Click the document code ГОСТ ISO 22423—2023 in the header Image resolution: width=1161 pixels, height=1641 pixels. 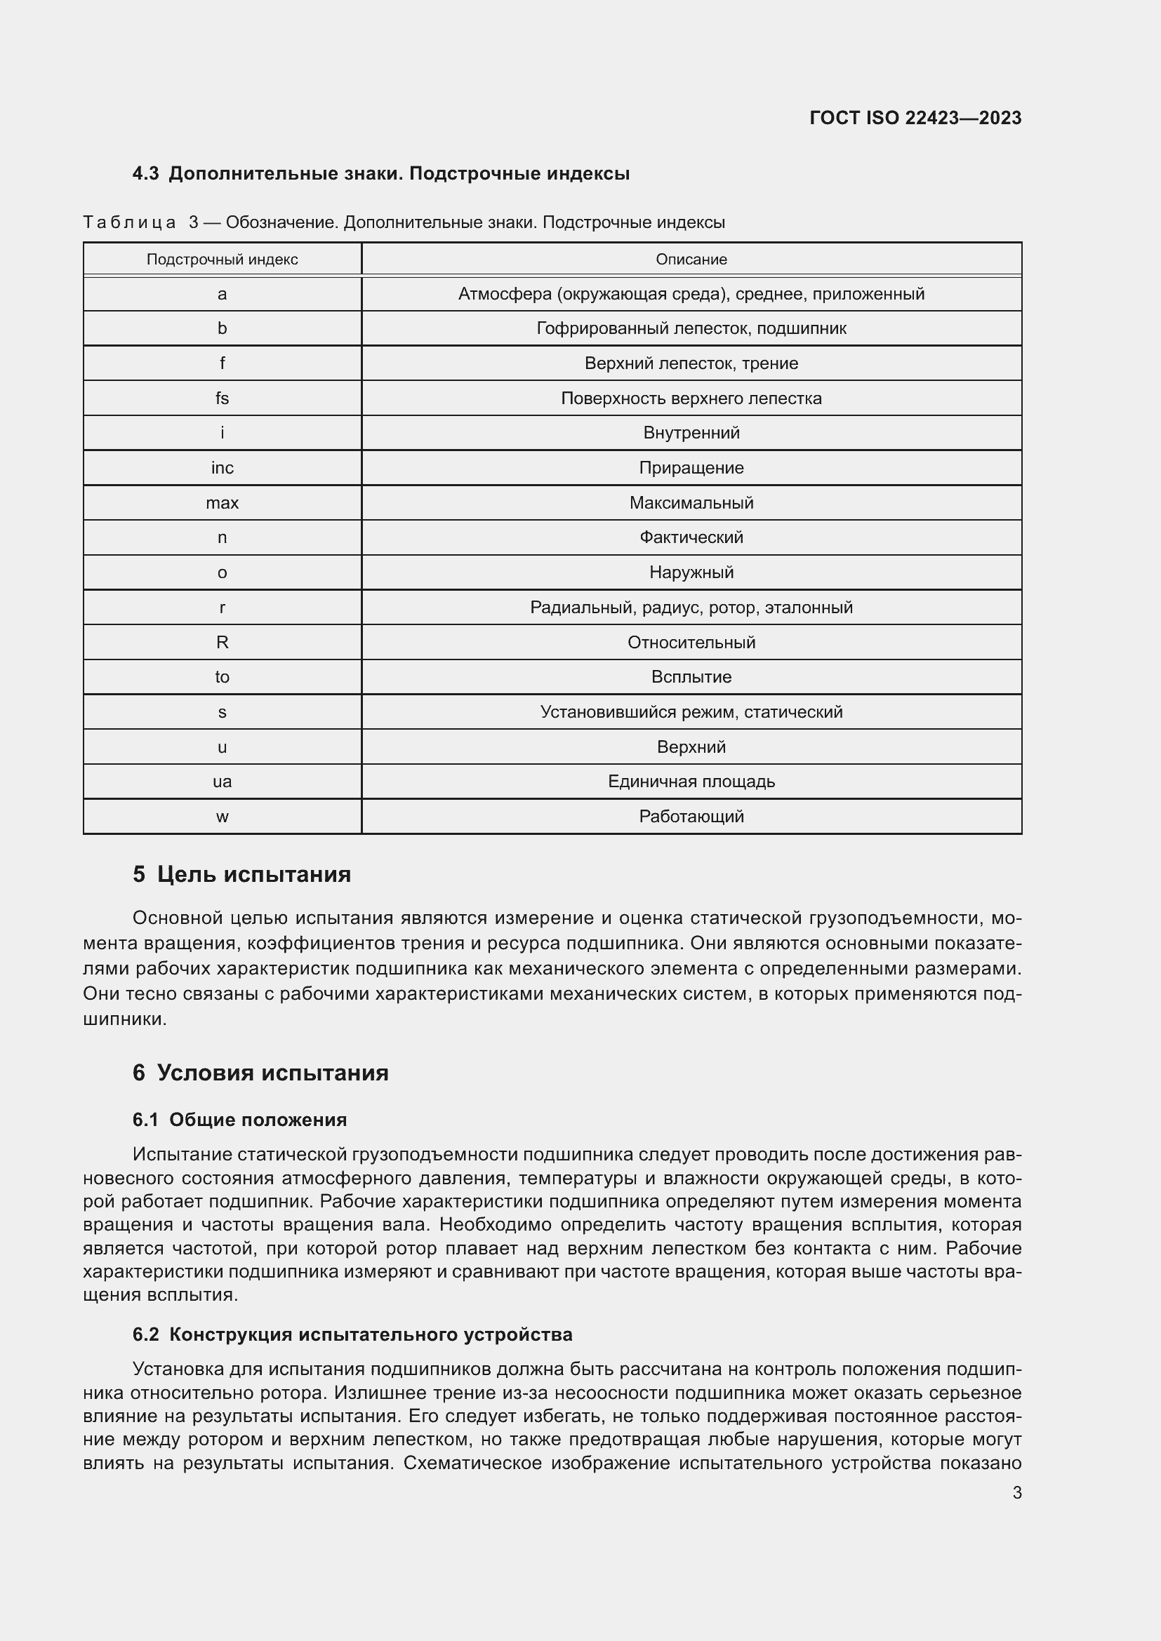(x=915, y=118)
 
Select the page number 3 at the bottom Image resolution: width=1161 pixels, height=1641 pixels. (x=1016, y=1492)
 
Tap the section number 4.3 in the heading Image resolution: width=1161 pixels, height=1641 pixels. (x=146, y=174)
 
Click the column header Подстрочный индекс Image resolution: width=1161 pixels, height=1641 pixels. (x=223, y=260)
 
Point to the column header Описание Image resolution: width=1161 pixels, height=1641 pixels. (x=691, y=260)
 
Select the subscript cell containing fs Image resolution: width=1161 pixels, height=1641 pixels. (x=223, y=398)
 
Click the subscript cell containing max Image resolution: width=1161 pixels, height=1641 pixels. (x=223, y=502)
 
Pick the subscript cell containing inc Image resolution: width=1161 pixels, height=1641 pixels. (x=223, y=467)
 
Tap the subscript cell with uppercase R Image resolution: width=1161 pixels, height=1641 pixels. (x=223, y=642)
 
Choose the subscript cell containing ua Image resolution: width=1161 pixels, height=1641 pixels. (x=223, y=781)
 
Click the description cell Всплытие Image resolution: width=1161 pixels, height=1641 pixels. (x=691, y=677)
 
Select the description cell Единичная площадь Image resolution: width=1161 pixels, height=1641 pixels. (x=691, y=781)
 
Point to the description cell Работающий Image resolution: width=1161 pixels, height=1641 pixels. (x=691, y=816)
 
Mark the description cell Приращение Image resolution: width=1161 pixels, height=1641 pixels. (x=691, y=467)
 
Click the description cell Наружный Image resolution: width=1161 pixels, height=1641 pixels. (x=691, y=572)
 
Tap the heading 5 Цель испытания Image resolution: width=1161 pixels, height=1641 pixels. (x=241, y=874)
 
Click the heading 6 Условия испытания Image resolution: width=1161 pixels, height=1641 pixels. (x=260, y=1072)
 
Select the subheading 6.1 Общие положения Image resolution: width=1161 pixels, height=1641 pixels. (x=239, y=1119)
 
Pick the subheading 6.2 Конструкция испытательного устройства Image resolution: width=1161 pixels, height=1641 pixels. (x=352, y=1334)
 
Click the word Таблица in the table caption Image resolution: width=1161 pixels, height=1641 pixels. (x=129, y=222)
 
